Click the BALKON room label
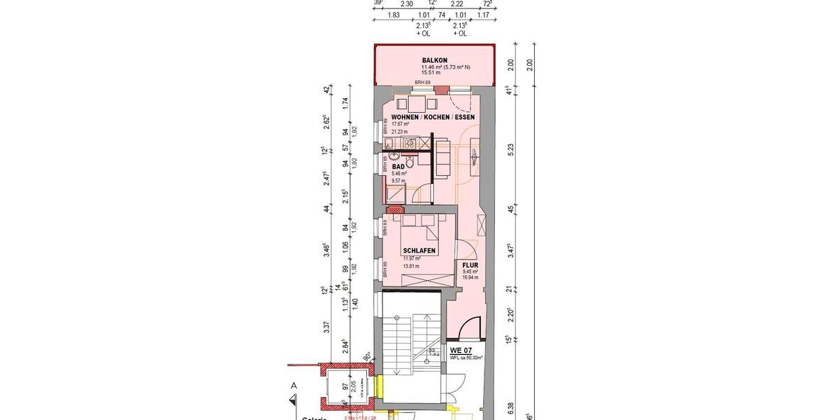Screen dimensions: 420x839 pyautogui.click(x=435, y=60)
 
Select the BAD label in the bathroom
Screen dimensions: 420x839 pyautogui.click(x=398, y=167)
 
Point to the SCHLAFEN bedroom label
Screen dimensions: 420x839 pyautogui.click(x=419, y=251)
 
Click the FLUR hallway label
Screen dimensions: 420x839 pyautogui.click(x=470, y=265)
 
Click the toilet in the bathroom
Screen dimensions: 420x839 pyautogui.click(x=410, y=162)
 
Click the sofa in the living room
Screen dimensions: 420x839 pyautogui.click(x=443, y=157)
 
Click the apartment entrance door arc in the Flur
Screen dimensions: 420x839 pyautogui.click(x=471, y=325)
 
